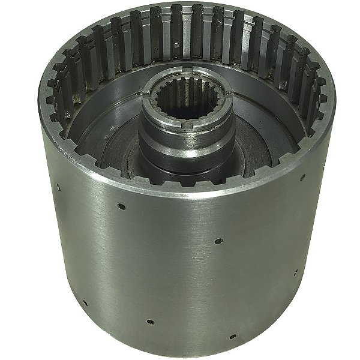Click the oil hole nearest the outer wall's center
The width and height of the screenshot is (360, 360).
point(218,241)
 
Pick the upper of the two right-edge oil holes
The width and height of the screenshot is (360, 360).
point(303,177)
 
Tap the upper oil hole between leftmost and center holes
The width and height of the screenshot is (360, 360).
point(122,206)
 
